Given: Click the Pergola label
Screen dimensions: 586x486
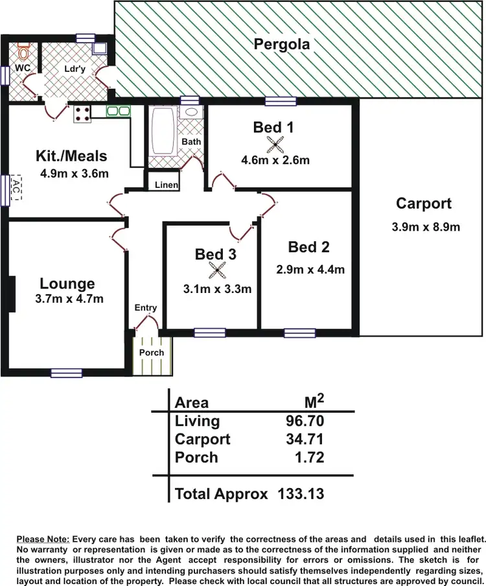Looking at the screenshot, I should (282, 45).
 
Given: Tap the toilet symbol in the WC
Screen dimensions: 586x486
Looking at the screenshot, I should (24, 53).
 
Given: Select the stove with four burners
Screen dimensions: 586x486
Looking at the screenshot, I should (83, 114).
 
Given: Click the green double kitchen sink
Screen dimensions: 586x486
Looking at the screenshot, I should (118, 111).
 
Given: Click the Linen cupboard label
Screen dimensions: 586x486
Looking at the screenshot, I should (167, 185).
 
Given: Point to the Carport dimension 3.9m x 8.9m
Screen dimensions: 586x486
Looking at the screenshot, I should (426, 227).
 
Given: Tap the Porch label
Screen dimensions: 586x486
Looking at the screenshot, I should (152, 353).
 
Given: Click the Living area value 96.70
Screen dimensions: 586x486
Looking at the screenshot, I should (305, 421).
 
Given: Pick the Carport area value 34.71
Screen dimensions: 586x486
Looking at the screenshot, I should (305, 439).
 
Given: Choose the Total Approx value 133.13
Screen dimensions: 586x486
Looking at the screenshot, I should (301, 494).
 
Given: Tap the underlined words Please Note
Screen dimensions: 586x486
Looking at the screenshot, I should (43, 539).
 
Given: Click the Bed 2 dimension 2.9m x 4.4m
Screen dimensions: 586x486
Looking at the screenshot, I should (309, 270).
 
